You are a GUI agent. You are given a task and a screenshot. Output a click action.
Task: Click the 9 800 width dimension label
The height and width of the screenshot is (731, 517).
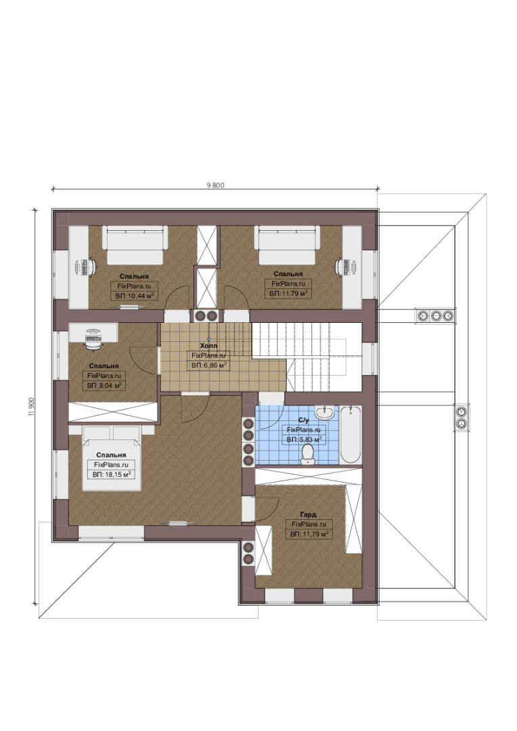[x=215, y=185]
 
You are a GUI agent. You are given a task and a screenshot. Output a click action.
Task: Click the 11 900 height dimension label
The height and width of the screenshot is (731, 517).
[x=31, y=407]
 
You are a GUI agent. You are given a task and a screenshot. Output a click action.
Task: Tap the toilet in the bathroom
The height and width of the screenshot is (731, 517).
[x=307, y=453]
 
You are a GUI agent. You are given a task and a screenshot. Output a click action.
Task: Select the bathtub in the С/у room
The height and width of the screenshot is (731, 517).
[x=351, y=435]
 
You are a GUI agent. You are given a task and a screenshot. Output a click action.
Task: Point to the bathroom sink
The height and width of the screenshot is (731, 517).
[x=324, y=412]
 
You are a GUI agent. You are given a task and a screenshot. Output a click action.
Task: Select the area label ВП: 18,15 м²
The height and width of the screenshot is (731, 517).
[x=111, y=474]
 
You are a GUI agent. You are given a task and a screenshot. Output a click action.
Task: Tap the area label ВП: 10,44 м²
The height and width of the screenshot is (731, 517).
[x=134, y=296]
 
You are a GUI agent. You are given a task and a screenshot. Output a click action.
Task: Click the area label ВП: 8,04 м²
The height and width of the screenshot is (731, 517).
[x=104, y=386]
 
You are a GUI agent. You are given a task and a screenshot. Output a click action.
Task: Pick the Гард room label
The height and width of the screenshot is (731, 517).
[x=308, y=514]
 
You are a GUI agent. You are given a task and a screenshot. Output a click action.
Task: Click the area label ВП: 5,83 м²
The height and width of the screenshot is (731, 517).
[x=304, y=440]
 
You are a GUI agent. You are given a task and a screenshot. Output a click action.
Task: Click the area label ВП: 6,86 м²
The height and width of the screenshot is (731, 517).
[x=209, y=365]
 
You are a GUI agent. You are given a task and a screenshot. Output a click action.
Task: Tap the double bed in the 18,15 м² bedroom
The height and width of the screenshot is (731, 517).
[x=112, y=458]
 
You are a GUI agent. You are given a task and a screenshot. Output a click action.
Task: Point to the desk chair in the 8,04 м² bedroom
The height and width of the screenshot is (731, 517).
[x=93, y=339]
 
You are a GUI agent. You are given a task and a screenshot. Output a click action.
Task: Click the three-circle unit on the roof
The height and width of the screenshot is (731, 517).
[x=435, y=315]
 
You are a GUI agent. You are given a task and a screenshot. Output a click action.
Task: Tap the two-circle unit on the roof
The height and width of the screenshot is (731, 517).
[x=462, y=418]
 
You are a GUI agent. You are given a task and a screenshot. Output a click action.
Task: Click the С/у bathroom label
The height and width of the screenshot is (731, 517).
[x=303, y=420]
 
